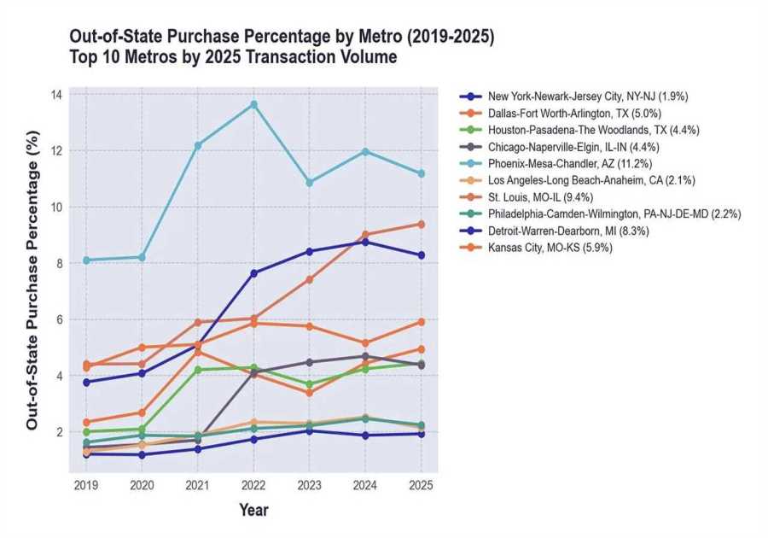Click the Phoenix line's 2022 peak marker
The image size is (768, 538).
tap(253, 104)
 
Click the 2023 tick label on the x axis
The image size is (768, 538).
tap(310, 485)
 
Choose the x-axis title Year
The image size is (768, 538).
tap(253, 511)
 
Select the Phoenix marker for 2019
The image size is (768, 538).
tap(86, 260)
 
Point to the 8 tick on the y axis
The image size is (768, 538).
tap(58, 263)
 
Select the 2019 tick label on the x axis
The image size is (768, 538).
tap(86, 485)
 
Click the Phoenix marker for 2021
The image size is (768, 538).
tap(198, 145)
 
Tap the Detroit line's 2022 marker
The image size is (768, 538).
tap(253, 273)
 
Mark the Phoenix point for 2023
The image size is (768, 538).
tap(310, 183)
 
